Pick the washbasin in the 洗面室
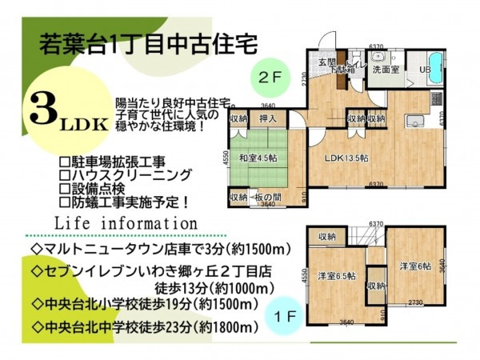378,58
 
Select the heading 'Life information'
125,222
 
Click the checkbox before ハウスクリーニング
66,174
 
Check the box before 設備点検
66,188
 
